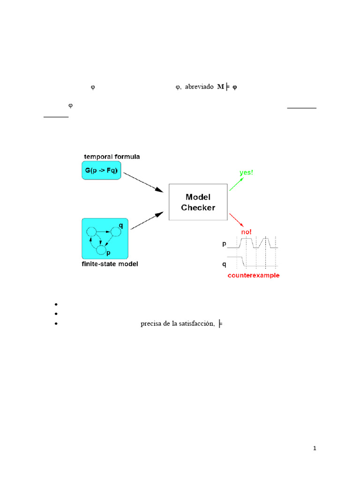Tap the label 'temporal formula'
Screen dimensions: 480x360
[x=112, y=156]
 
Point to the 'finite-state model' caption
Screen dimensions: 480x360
[x=110, y=264]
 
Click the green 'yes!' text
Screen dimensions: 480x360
[x=246, y=172]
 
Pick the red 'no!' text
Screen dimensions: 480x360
[x=247, y=231]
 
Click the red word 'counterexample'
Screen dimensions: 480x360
[x=253, y=275]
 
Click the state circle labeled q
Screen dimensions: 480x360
[x=116, y=232]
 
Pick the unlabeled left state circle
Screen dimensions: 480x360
[x=91, y=232]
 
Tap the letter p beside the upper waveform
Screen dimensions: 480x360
[x=223, y=244]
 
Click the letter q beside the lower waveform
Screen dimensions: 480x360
[x=223, y=264]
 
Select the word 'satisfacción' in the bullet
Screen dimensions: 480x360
[x=196, y=323]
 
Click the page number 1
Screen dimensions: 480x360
[x=315, y=449]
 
